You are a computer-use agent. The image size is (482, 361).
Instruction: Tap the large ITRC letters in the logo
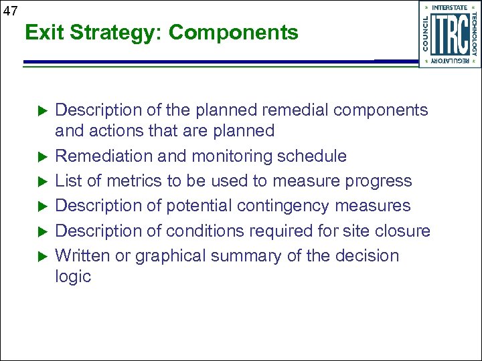click(x=450, y=35)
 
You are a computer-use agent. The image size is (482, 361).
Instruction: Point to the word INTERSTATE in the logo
click(x=450, y=8)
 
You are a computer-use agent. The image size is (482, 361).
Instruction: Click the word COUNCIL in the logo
click(x=426, y=33)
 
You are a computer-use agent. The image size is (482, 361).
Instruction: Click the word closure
click(x=404, y=231)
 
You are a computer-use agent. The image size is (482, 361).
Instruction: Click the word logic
click(x=72, y=276)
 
